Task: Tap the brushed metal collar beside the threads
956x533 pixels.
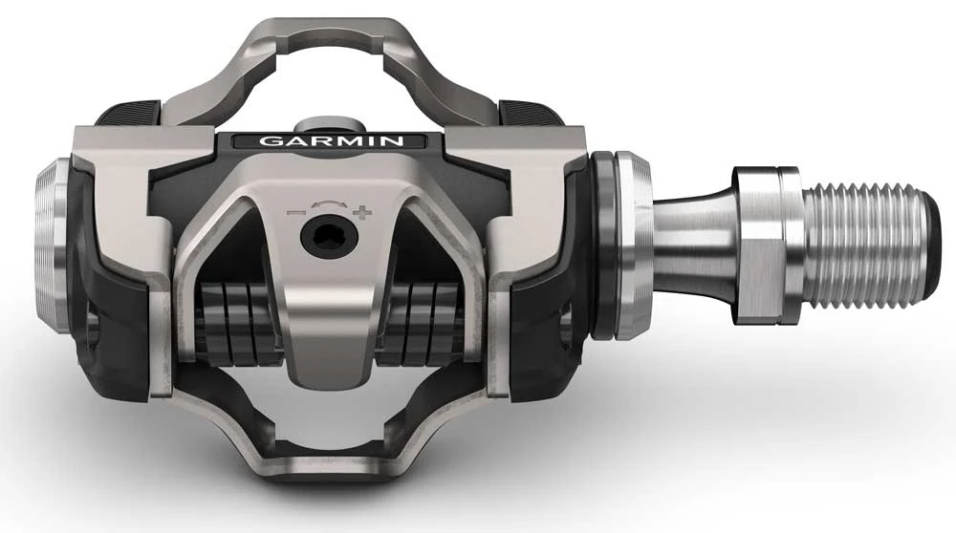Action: point(765,238)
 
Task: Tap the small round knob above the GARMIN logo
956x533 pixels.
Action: point(321,125)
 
